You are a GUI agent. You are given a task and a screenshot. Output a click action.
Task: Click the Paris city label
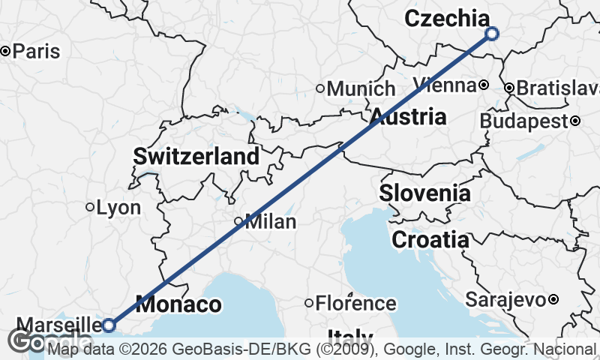tap(37, 52)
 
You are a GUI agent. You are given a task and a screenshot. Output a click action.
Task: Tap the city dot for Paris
tap(5, 51)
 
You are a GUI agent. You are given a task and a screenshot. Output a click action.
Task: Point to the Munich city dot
tap(320, 88)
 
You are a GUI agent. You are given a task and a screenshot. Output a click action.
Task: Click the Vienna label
tap(444, 84)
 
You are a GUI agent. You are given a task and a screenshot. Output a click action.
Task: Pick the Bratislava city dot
tap(509, 88)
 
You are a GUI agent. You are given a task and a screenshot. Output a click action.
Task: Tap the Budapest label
tap(524, 121)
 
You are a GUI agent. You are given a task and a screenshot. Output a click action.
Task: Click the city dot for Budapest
tap(575, 121)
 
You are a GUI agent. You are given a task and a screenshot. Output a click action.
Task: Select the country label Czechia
tap(447, 19)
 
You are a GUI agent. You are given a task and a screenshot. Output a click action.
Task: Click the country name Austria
tap(408, 117)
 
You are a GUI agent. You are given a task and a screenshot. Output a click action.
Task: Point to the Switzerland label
tap(196, 157)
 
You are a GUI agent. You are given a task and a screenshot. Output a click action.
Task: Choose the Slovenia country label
tap(424, 193)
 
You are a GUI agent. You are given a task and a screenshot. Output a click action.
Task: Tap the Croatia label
tap(430, 240)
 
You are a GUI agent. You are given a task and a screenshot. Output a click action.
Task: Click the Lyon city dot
tap(90, 207)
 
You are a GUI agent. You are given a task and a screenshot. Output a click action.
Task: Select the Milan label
tap(271, 222)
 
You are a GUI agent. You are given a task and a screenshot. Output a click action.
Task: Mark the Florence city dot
tap(309, 303)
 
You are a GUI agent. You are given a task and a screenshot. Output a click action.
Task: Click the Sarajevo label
tap(504, 300)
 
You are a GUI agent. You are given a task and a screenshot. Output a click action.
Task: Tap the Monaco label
tap(179, 305)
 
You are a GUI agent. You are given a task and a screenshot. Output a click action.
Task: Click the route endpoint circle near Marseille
tap(109, 325)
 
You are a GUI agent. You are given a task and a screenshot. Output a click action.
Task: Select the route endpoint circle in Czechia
tap(492, 33)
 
